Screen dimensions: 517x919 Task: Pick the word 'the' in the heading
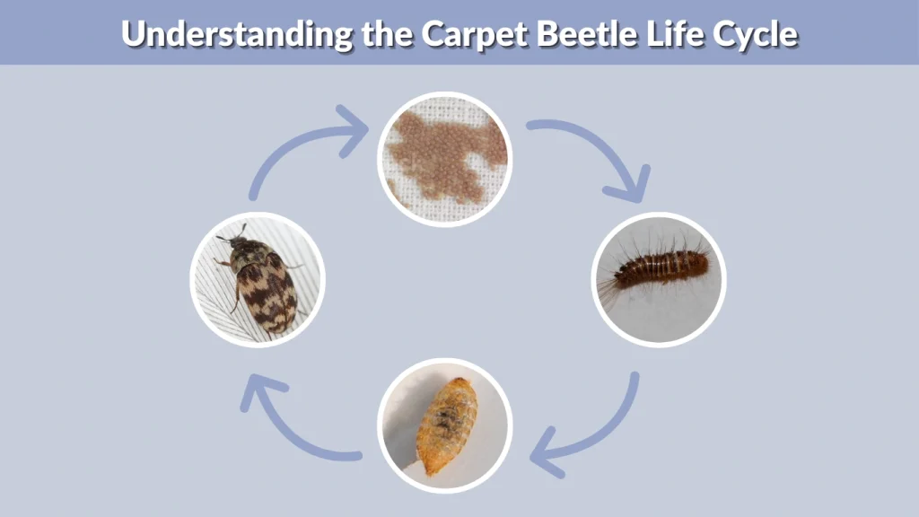point(385,33)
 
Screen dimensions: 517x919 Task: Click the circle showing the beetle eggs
point(444,159)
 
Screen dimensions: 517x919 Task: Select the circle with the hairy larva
point(659,279)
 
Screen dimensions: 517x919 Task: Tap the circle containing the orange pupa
point(444,425)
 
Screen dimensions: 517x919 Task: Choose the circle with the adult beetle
point(258,279)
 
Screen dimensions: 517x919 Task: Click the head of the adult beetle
point(234,240)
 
